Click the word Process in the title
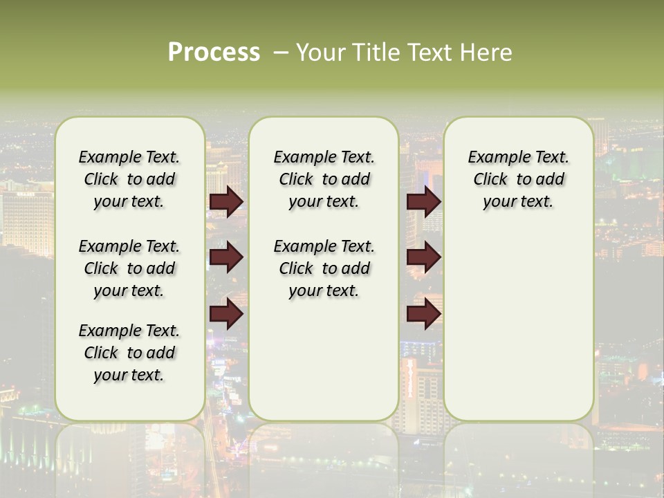(214, 53)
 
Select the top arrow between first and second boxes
(226, 201)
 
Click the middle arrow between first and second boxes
(226, 257)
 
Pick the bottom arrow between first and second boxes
(226, 314)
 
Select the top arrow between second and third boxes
(423, 201)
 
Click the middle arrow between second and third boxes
(423, 257)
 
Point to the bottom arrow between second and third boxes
(423, 314)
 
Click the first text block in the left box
(129, 179)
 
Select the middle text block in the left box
(129, 268)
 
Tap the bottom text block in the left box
(129, 353)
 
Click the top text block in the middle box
(324, 179)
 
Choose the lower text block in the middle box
(324, 268)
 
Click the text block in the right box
(518, 179)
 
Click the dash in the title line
(281, 53)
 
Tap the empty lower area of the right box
(518, 325)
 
